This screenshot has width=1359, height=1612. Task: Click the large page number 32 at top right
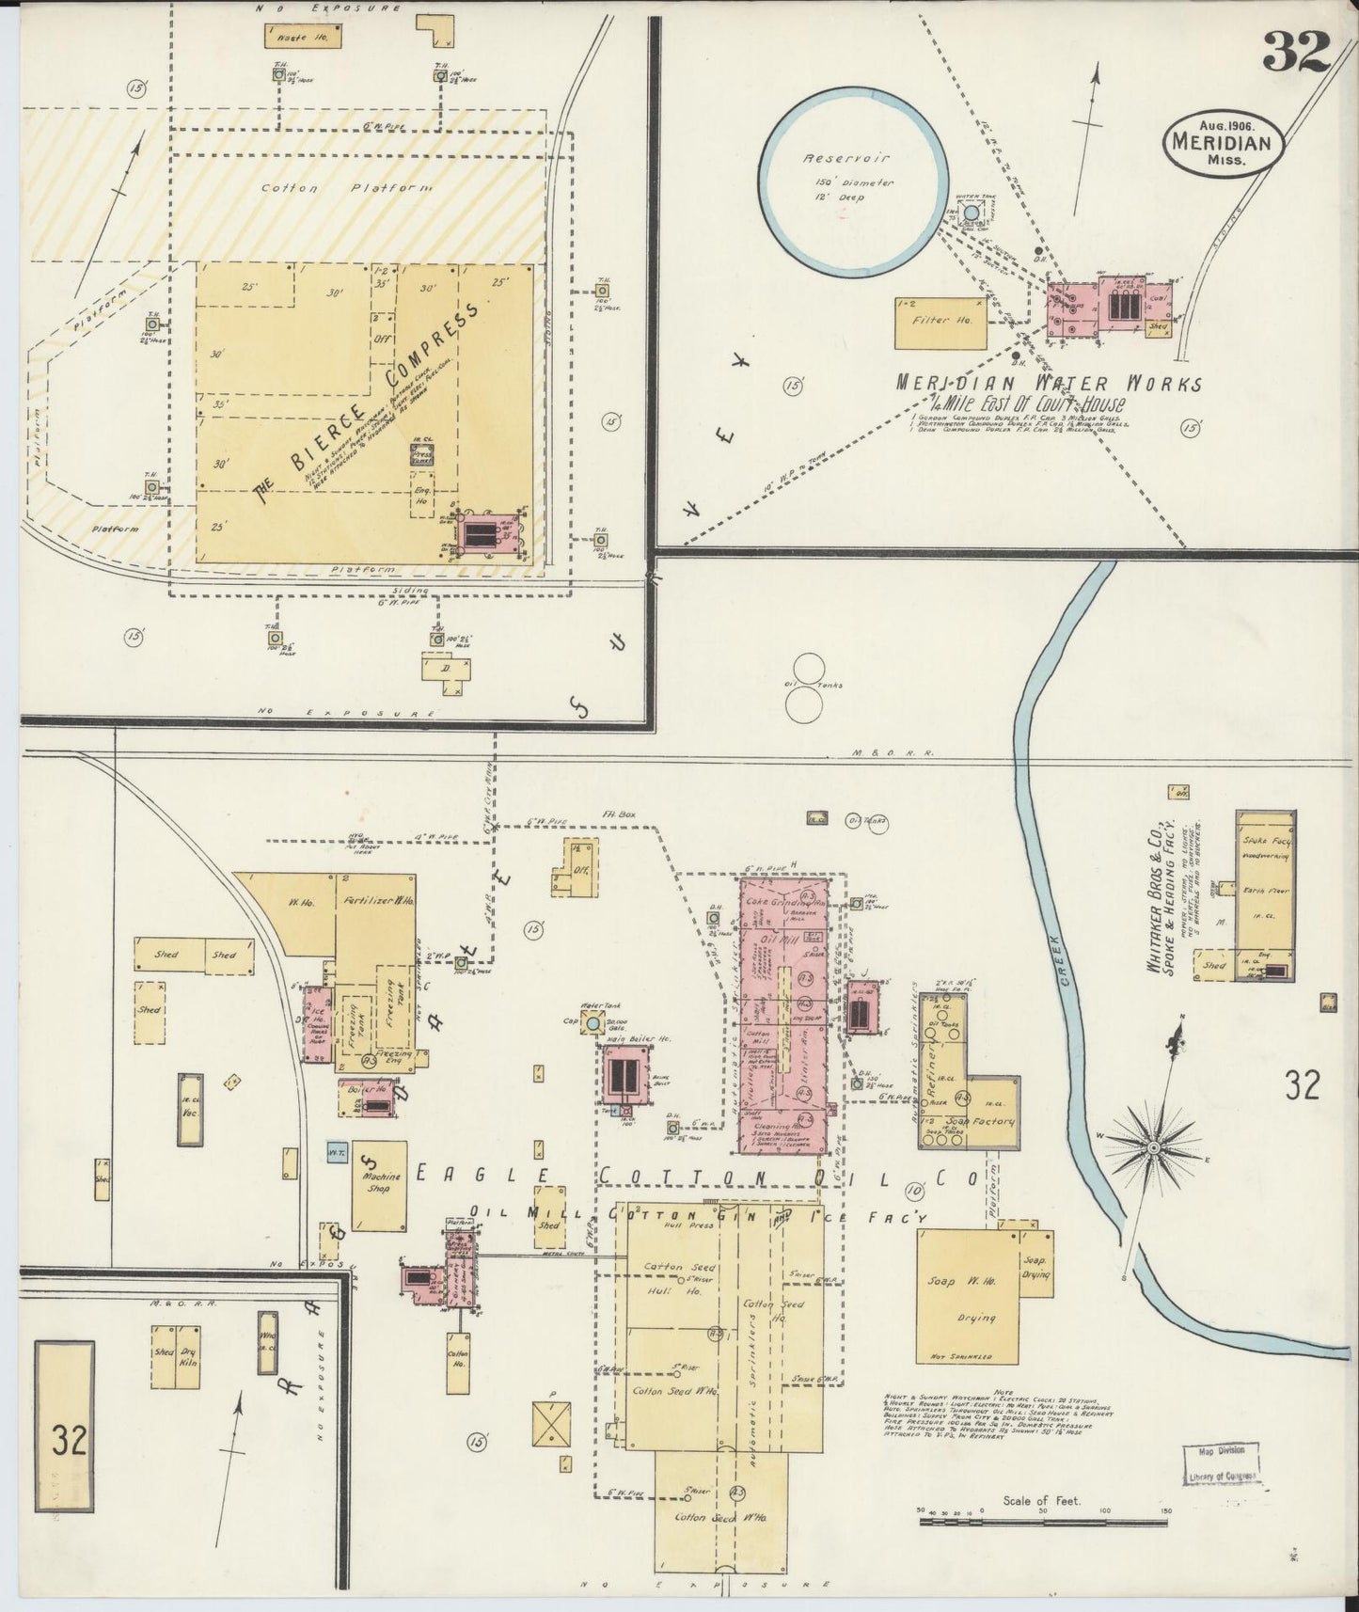point(1295,51)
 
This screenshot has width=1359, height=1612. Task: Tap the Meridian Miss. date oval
point(1222,143)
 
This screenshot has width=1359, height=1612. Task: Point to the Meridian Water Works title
point(1048,384)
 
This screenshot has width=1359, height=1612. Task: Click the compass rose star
point(1153,1148)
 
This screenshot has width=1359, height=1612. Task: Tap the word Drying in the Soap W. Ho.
point(975,1318)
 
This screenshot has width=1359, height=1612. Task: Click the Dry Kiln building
point(188,1356)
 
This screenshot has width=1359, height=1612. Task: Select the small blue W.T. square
point(334,1150)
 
